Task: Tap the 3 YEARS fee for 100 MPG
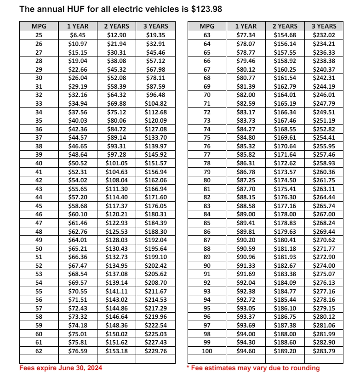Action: click(324, 351)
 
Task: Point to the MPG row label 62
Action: click(39, 351)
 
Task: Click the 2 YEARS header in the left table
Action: click(116, 26)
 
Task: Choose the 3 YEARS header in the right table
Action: click(324, 26)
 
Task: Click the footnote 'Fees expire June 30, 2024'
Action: click(61, 368)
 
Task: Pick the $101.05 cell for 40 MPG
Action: click(116, 163)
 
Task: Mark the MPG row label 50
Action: click(39, 248)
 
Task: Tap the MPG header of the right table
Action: click(206, 26)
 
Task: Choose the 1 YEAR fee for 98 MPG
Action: click(246, 334)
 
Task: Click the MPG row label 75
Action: click(206, 137)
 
